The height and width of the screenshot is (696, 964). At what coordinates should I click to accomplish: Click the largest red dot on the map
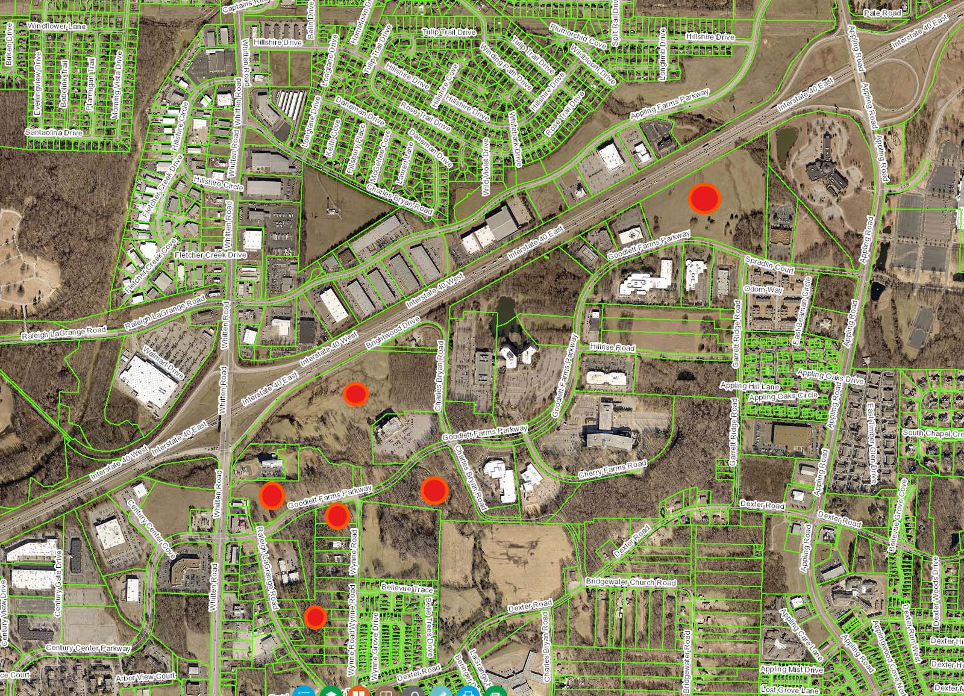point(704,198)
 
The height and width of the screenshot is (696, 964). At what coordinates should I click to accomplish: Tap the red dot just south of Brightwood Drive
point(355,394)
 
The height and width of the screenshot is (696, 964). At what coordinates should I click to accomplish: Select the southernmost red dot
point(315,617)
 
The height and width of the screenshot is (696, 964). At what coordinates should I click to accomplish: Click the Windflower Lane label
point(57,26)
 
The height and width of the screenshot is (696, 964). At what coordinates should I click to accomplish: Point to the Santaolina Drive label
point(54,132)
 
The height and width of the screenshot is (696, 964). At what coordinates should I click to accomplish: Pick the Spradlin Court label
point(769,265)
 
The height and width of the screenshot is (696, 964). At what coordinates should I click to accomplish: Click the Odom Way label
point(764,290)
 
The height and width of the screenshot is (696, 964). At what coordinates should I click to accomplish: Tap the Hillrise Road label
point(612,348)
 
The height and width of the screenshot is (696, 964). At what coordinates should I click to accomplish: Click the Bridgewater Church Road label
point(631,582)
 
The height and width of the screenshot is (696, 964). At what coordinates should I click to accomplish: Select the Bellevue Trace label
point(407,588)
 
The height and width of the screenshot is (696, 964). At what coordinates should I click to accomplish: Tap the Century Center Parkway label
point(88,648)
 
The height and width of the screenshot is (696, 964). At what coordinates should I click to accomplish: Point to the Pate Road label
point(882,13)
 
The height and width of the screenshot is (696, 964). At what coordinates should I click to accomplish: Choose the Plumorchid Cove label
point(578,36)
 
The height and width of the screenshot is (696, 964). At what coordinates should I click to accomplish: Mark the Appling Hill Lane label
point(750,386)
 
